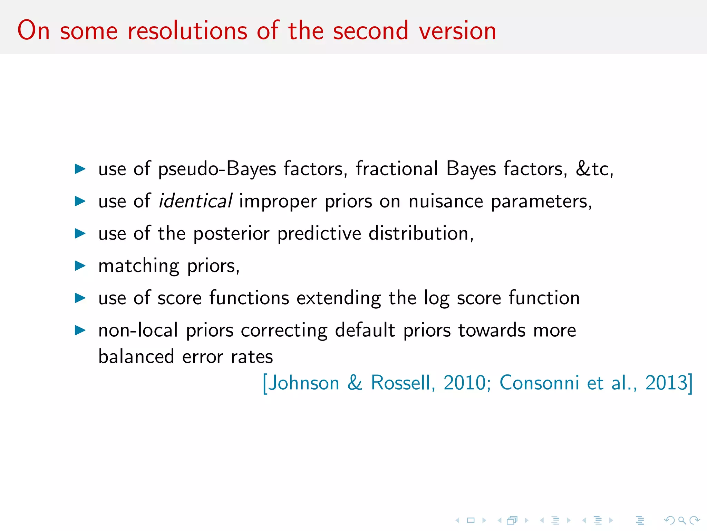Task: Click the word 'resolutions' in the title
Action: [187, 31]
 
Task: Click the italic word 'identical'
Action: [195, 201]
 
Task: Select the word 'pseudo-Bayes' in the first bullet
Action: [217, 169]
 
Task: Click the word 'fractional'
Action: [397, 169]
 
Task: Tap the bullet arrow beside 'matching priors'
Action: [80, 266]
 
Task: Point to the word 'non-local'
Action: [138, 330]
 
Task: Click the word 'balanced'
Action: [136, 356]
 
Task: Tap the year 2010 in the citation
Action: [465, 383]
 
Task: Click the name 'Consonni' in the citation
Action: [539, 383]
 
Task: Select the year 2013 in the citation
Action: [667, 383]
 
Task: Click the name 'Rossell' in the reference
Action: [400, 383]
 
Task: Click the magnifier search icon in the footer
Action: [681, 520]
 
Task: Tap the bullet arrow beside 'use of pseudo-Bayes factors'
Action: [80, 169]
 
